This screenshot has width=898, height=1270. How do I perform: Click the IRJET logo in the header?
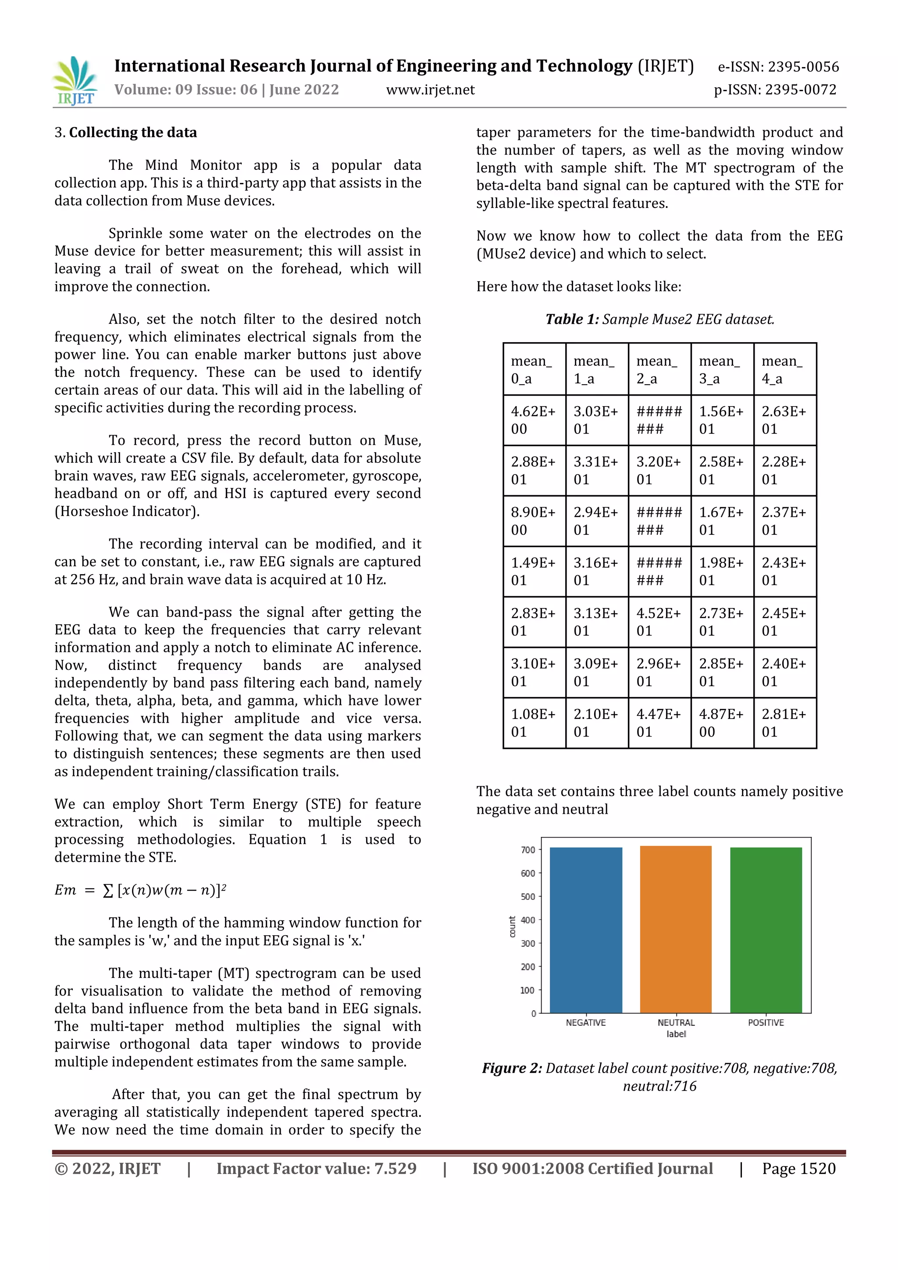pyautogui.click(x=76, y=81)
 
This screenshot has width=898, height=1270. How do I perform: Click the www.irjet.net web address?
pyautogui.click(x=430, y=89)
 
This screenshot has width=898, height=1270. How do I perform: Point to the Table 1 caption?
pyautogui.click(x=659, y=319)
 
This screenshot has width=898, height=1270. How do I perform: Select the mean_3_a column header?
pyautogui.click(x=722, y=369)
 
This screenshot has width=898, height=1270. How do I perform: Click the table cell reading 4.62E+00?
pyautogui.click(x=534, y=420)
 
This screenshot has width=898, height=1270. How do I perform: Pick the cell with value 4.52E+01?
pyautogui.click(x=659, y=622)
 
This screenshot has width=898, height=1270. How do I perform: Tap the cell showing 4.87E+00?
pyautogui.click(x=722, y=723)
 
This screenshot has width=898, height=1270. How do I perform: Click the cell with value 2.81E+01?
pyautogui.click(x=784, y=723)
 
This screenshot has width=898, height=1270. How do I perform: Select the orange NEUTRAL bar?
pyautogui.click(x=676, y=929)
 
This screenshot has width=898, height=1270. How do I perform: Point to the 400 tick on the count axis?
pyautogui.click(x=527, y=920)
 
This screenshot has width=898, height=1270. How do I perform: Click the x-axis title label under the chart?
pyautogui.click(x=676, y=1034)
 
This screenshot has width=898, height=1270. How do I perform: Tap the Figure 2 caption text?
pyautogui.click(x=659, y=1077)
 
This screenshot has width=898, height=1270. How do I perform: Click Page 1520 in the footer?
pyautogui.click(x=798, y=1168)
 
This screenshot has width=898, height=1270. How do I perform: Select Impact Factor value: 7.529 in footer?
pyautogui.click(x=316, y=1168)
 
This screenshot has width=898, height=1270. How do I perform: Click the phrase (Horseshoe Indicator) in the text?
pyautogui.click(x=127, y=511)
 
